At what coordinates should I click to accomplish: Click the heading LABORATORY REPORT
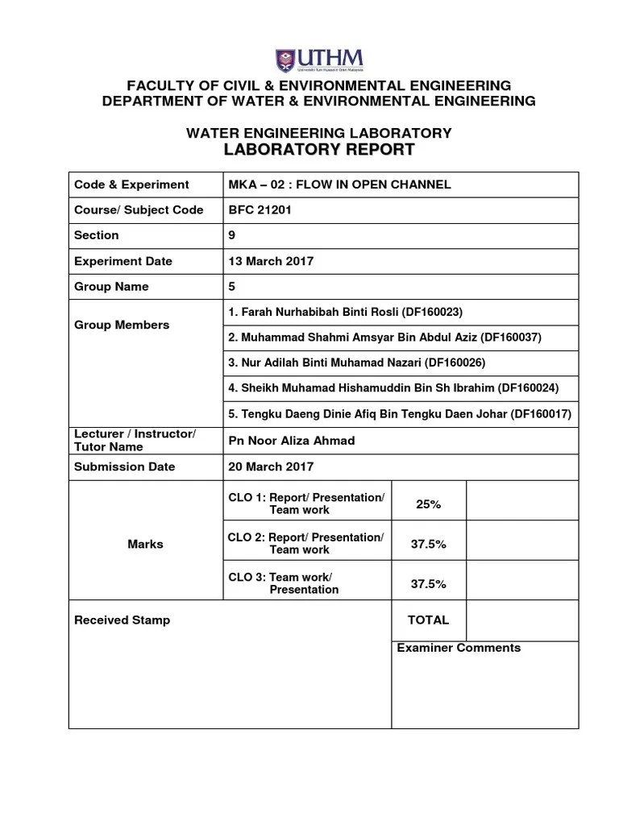(319, 150)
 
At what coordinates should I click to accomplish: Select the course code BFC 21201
(260, 210)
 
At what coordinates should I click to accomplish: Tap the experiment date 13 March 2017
(272, 261)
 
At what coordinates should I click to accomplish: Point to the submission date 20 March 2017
(272, 466)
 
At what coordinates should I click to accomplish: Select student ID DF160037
(512, 338)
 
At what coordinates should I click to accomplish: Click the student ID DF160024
(528, 388)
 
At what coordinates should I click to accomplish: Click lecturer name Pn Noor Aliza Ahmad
(292, 441)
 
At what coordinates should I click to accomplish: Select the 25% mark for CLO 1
(428, 504)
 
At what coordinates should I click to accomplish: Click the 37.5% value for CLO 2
(428, 544)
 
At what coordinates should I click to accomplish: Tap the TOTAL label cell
(428, 620)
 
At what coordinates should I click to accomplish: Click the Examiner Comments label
(459, 648)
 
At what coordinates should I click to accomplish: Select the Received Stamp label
(122, 620)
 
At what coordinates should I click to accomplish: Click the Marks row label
(145, 544)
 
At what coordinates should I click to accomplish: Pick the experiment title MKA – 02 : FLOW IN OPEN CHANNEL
(340, 184)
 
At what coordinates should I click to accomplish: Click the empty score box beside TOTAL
(521, 620)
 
